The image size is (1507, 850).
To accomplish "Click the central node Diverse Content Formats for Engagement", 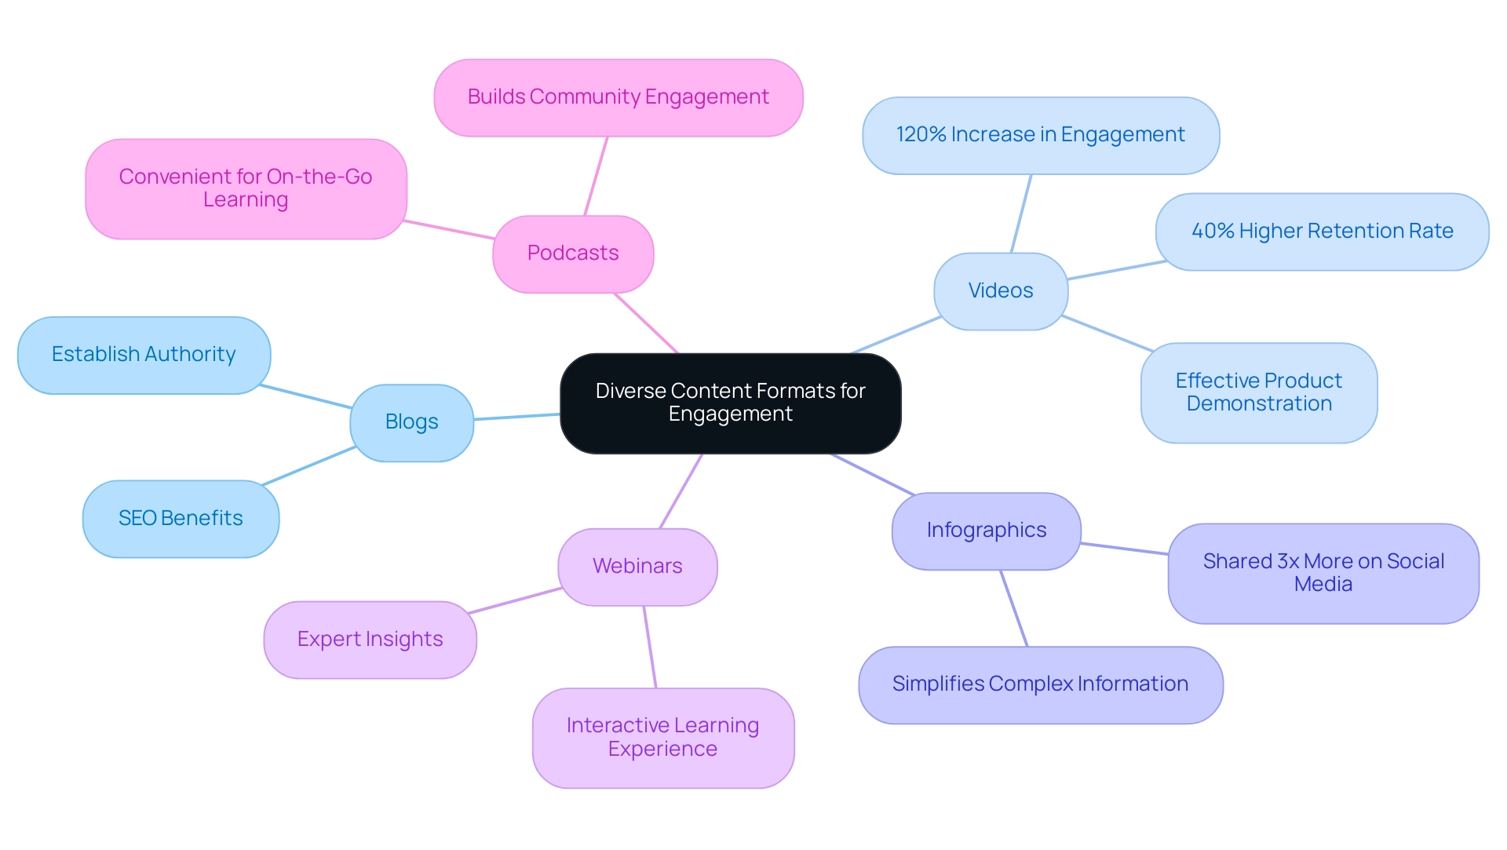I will coord(730,403).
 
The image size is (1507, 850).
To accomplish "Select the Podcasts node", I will coord(573,254).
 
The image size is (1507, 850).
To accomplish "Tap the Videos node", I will coord(1000,290).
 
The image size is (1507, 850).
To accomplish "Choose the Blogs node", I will coord(411,422).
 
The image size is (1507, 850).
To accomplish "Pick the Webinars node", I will coord(637,566).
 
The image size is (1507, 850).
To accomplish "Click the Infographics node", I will coord(986,531).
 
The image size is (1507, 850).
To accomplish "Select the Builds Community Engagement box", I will coord(618,97).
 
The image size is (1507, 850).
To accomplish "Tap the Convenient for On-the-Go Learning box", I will coord(246,188).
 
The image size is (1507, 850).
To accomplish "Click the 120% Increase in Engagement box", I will coord(1040,135).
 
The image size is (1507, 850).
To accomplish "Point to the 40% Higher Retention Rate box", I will coord(1322,232).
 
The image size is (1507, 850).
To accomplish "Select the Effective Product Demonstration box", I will coord(1258,392).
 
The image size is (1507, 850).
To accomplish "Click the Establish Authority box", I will coord(144,355).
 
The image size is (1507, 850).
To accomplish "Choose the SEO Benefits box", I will coord(181,518).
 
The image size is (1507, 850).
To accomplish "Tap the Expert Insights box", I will coord(370,640).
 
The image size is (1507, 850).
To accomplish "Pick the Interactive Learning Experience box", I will coord(662,738).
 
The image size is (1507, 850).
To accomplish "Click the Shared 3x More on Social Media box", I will coord(1323,573).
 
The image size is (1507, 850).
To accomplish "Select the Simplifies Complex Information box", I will coord(1040,684).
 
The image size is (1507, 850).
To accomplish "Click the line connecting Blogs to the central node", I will coord(516,417).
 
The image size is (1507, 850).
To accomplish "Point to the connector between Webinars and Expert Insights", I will coord(514,600).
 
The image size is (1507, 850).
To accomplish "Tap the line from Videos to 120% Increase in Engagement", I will coord(1021,213).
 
